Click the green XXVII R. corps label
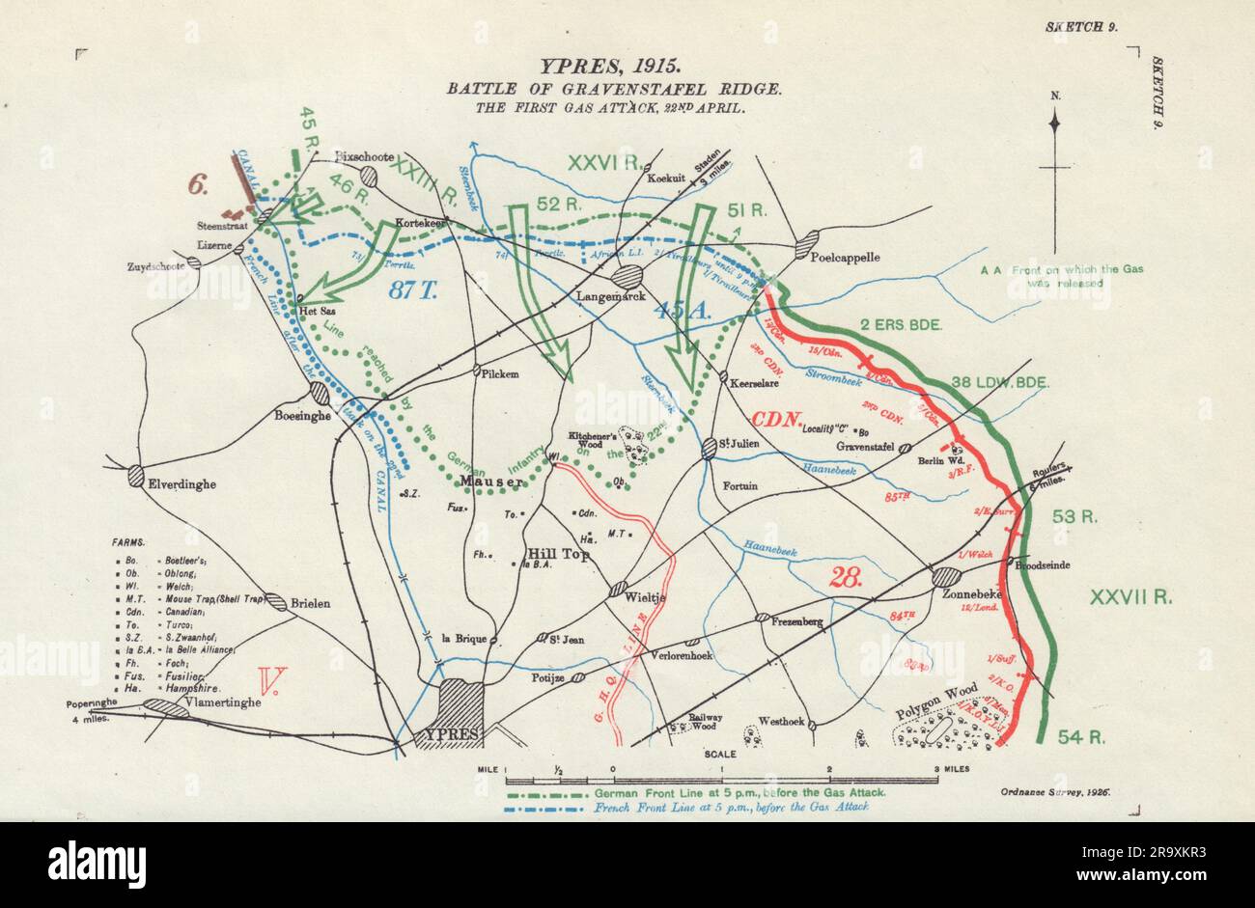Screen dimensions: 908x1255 coord(1130,597)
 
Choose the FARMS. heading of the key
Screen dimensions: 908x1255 coord(133,543)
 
